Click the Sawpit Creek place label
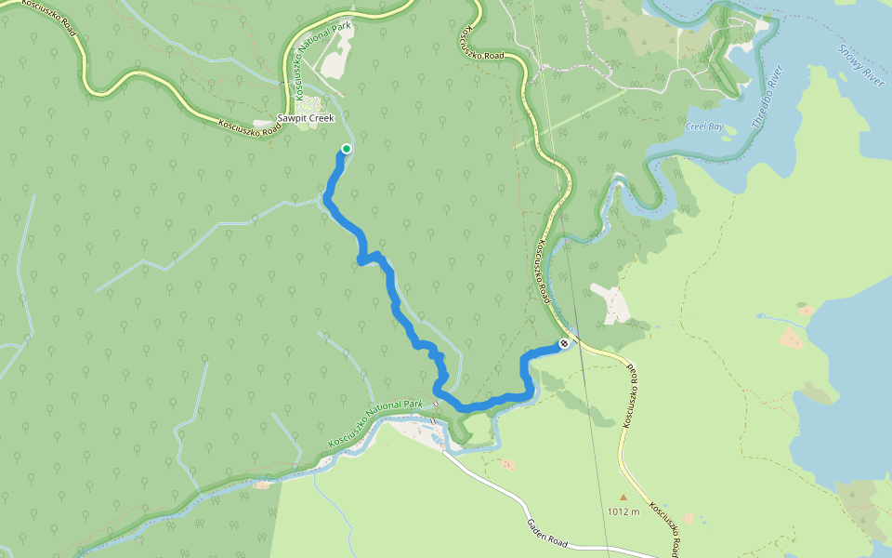click(306, 119)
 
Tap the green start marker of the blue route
click(347, 149)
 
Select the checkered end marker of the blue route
click(563, 345)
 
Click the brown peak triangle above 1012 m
click(623, 498)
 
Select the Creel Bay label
click(703, 126)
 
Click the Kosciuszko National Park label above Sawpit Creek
click(323, 58)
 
